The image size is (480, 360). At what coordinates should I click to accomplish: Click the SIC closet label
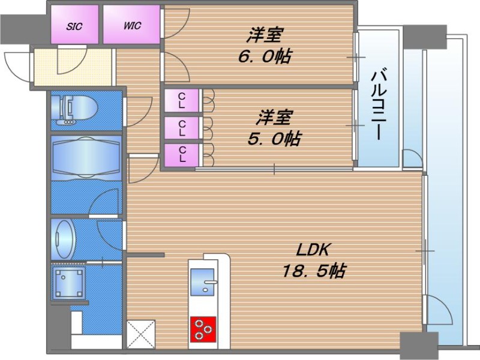74,26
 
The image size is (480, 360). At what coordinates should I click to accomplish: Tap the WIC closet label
132,25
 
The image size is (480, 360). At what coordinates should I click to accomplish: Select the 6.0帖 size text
265,56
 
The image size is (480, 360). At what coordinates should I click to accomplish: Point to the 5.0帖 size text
274,139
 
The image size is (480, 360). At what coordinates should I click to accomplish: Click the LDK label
313,250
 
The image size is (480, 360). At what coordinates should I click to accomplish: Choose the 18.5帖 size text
314,271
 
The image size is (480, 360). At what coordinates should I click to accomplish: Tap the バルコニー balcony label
379,105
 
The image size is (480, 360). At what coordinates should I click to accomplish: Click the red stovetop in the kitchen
203,329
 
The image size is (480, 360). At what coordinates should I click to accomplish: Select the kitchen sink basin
202,282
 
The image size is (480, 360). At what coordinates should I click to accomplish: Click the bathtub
86,158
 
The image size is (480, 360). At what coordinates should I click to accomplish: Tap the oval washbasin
65,239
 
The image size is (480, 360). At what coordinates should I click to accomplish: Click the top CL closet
182,100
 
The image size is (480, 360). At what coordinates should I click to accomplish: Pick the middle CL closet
182,128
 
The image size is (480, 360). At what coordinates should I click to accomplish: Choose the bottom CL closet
182,155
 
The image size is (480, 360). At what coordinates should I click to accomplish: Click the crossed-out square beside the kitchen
141,334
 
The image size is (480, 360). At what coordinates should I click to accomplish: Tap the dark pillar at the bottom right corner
419,345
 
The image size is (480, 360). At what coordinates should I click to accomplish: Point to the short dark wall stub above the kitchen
146,254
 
